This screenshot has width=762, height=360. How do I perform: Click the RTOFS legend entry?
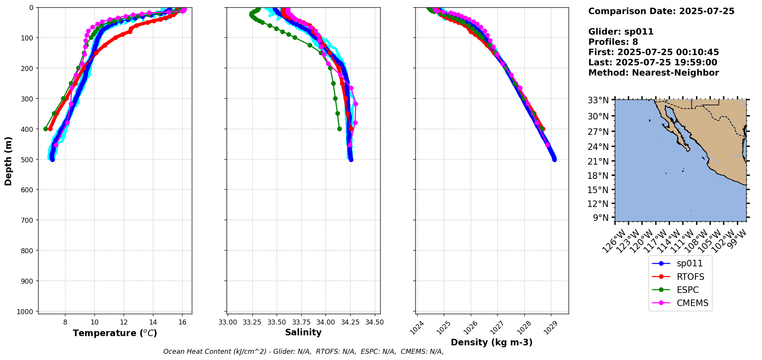(690, 277)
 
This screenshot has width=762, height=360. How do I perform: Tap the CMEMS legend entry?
(692, 303)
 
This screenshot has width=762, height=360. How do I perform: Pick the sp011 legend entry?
(690, 264)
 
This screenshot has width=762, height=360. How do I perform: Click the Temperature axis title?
(115, 333)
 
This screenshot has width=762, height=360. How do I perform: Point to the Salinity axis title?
(303, 332)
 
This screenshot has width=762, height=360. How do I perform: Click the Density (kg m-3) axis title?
(492, 342)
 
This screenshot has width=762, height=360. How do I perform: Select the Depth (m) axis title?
(8, 161)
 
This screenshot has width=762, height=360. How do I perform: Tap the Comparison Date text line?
(661, 11)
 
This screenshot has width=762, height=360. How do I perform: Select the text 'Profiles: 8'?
(613, 42)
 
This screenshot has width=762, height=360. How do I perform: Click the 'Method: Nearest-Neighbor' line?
(653, 73)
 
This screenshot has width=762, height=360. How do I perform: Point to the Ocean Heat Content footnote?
(303, 352)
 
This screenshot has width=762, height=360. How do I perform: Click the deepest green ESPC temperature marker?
(46, 129)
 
